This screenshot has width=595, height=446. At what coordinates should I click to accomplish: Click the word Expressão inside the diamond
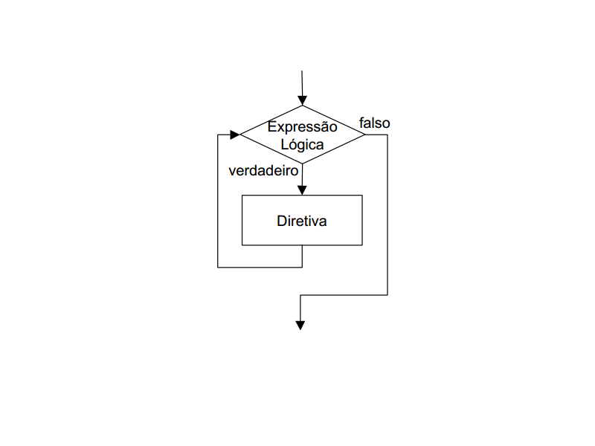tap(302, 127)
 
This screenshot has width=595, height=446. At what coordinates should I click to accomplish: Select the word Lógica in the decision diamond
tap(302, 144)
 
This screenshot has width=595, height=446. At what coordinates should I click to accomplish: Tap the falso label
tap(375, 123)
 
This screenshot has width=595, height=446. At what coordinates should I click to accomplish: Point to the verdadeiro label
tap(263, 171)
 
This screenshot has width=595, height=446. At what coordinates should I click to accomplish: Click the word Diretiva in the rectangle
tap(302, 221)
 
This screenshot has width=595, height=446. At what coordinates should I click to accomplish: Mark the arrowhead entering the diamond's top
tap(303, 100)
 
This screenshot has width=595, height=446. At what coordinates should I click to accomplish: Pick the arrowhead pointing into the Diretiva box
tap(302, 190)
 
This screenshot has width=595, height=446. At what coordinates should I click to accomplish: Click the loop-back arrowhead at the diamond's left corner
tap(235, 135)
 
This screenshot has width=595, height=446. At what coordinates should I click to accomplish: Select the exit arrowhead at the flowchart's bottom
tap(300, 326)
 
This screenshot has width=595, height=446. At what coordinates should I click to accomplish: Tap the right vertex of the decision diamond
tap(364, 135)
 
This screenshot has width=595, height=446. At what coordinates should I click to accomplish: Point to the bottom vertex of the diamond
tap(303, 164)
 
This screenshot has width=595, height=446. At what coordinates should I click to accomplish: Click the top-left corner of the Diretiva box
tap(242, 195)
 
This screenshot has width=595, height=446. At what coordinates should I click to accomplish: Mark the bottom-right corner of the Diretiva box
tap(362, 245)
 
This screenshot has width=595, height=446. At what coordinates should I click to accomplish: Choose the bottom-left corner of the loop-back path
tap(218, 268)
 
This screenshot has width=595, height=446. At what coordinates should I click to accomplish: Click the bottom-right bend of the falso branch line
tap(387, 294)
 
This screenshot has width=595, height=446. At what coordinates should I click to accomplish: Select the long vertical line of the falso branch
tap(387, 215)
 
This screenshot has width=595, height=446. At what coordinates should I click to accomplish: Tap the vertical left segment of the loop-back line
tap(218, 201)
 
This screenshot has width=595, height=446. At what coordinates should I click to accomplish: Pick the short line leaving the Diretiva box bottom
tap(303, 256)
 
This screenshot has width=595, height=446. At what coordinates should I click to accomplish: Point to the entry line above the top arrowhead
tap(302, 83)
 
